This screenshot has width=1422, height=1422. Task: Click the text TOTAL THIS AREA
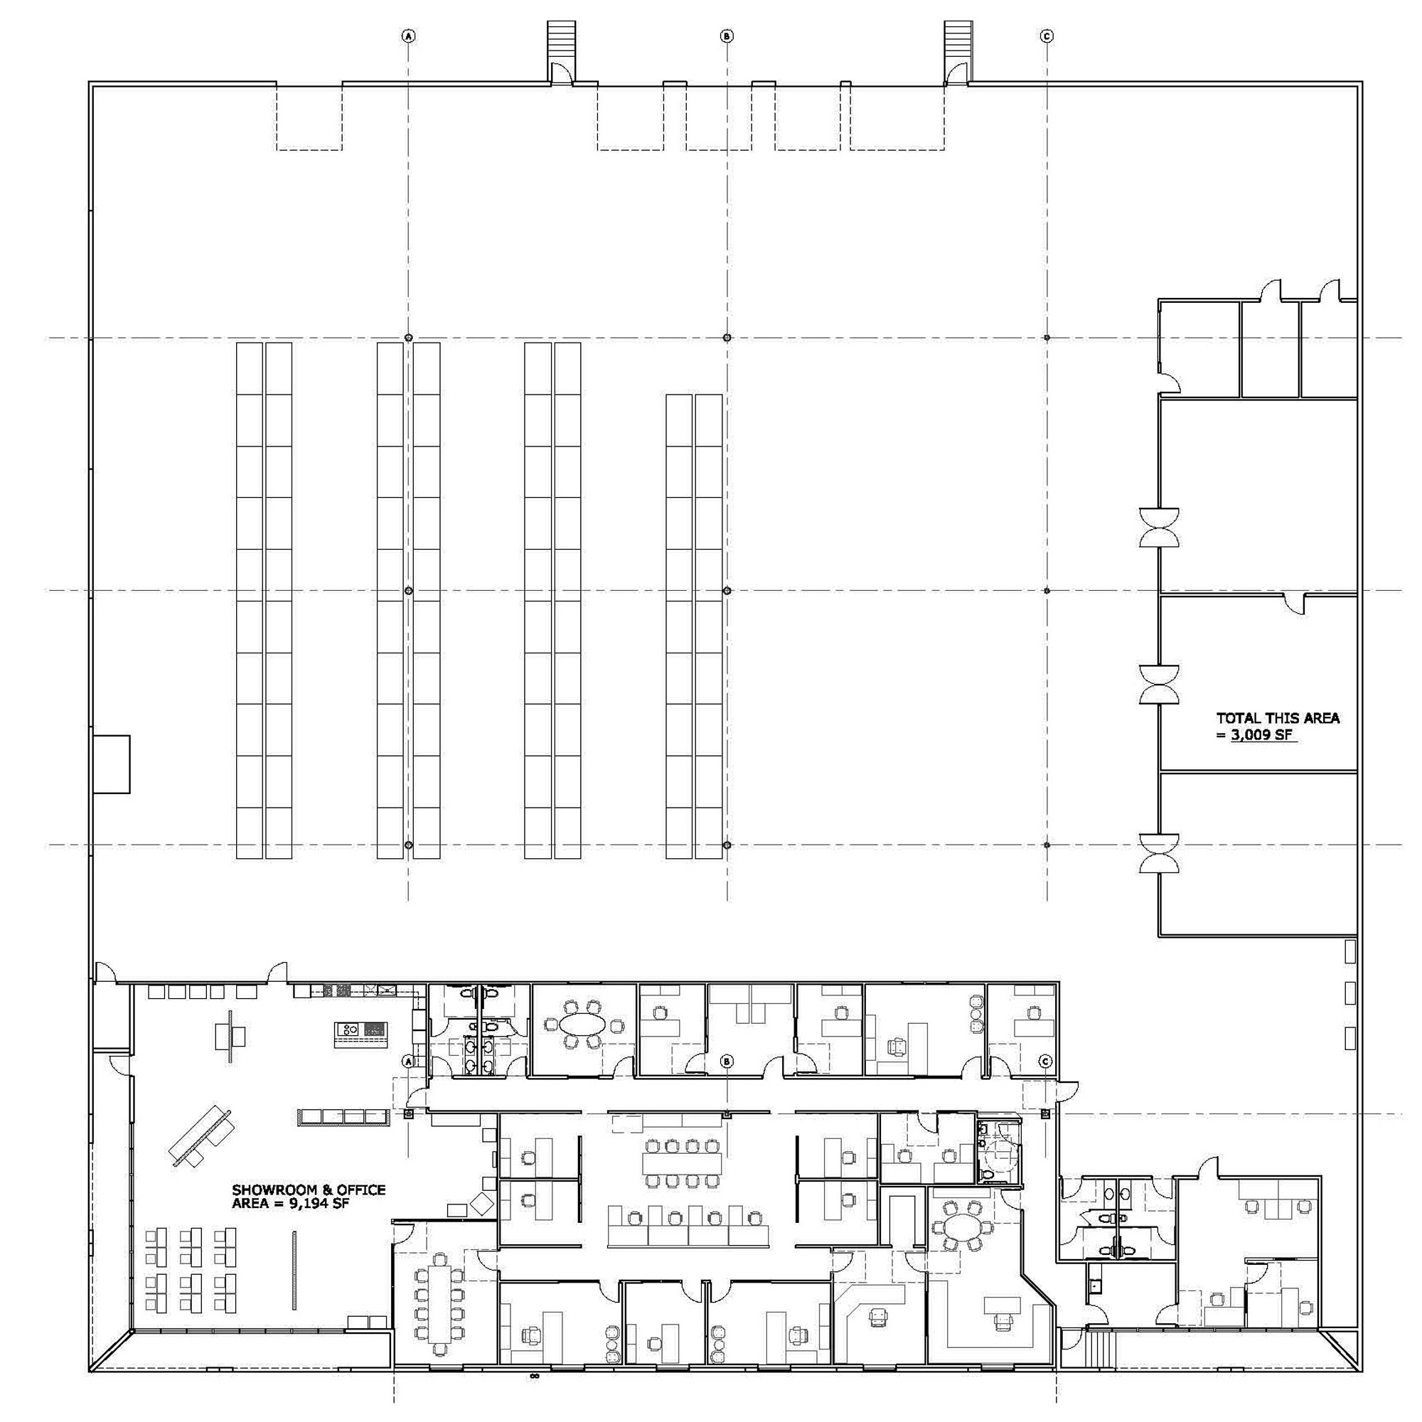click(x=1277, y=718)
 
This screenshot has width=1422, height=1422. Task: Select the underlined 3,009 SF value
click(x=1262, y=735)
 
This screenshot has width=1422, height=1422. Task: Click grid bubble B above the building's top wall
click(x=727, y=36)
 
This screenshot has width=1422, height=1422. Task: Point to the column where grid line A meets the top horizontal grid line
click(x=409, y=338)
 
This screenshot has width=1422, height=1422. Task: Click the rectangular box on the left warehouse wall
click(x=111, y=764)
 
